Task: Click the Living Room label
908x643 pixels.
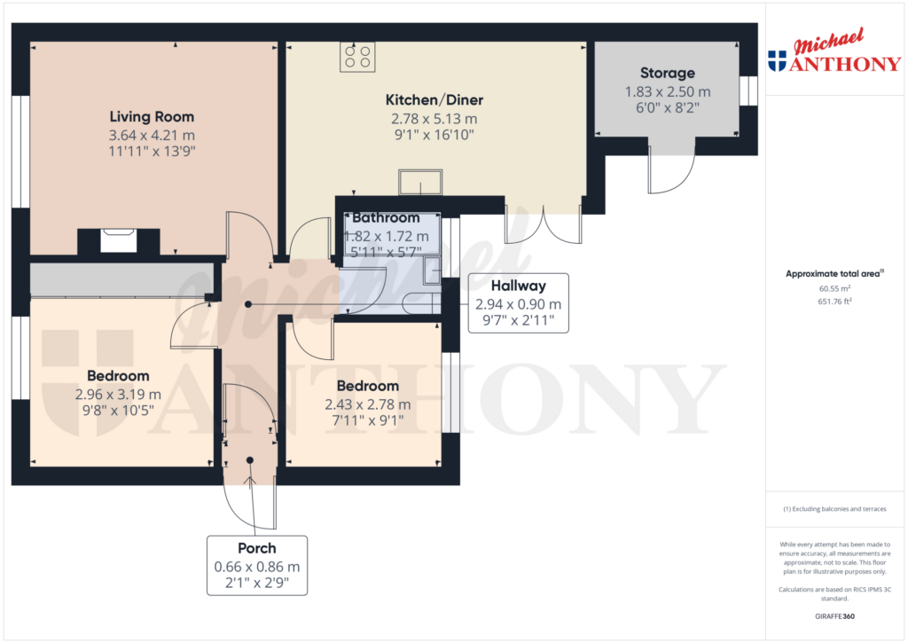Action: tap(152, 117)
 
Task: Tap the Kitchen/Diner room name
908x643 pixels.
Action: tap(434, 100)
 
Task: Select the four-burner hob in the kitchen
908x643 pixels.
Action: tap(357, 57)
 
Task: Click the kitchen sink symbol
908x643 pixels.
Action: tap(420, 182)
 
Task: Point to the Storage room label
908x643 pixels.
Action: tap(668, 73)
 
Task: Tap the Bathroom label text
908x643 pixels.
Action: tap(386, 218)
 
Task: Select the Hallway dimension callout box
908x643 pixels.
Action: tap(520, 303)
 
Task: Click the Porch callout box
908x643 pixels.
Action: tap(257, 566)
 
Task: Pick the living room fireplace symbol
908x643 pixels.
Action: tap(119, 240)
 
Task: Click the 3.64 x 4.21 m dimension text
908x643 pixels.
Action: tap(152, 135)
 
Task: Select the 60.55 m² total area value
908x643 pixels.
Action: tap(834, 288)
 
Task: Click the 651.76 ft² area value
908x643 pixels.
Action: tap(834, 302)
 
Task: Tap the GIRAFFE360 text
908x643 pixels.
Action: tap(834, 616)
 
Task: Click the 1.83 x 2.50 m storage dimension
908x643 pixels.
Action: tap(668, 91)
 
